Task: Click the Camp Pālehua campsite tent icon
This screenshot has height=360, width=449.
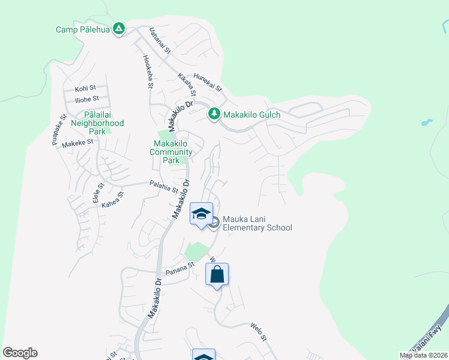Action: [119, 28]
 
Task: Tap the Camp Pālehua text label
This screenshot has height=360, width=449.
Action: [83, 29]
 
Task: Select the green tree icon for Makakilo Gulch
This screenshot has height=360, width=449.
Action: [213, 113]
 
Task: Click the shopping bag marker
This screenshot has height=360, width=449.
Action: [217, 275]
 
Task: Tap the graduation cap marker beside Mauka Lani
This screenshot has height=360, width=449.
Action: [201, 214]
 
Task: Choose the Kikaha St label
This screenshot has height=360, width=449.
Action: [187, 85]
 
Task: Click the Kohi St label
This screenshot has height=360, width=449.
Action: [85, 88]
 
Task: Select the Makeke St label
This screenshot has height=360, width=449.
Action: [78, 142]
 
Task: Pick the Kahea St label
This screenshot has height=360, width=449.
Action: [112, 199]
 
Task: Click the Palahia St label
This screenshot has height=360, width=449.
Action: [164, 187]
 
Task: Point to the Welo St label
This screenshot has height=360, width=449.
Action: [258, 331]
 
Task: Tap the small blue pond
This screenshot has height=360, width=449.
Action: [426, 122]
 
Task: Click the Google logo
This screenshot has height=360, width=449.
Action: [20, 353]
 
